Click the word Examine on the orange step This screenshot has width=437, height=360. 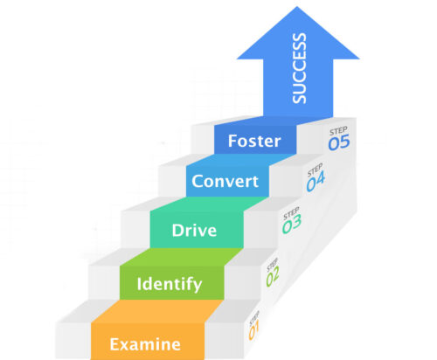pos(145,344)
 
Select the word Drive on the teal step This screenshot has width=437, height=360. pos(194,232)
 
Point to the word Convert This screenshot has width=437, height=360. pos(225,182)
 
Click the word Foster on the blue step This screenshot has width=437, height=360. pos(253,140)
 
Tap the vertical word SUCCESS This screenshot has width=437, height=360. pos(300,67)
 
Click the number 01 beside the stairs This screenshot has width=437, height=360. pos(254,332)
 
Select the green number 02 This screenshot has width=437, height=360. pos(273,278)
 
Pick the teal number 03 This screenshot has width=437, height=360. pos(291,225)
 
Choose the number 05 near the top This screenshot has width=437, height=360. pos(339,142)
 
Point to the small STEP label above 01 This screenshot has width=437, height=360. pos(253,318)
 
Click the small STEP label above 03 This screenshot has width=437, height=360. pos(290,212)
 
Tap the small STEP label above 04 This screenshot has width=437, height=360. pos(316,169)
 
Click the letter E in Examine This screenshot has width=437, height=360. pos(115,344)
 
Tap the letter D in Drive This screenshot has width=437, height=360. pos(177,232)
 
